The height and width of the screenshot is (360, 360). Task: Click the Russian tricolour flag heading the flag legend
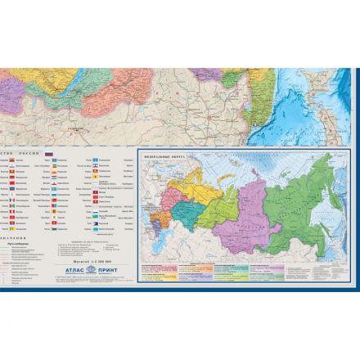click(x=48, y=155)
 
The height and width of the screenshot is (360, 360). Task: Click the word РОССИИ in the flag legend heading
click(x=29, y=154)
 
